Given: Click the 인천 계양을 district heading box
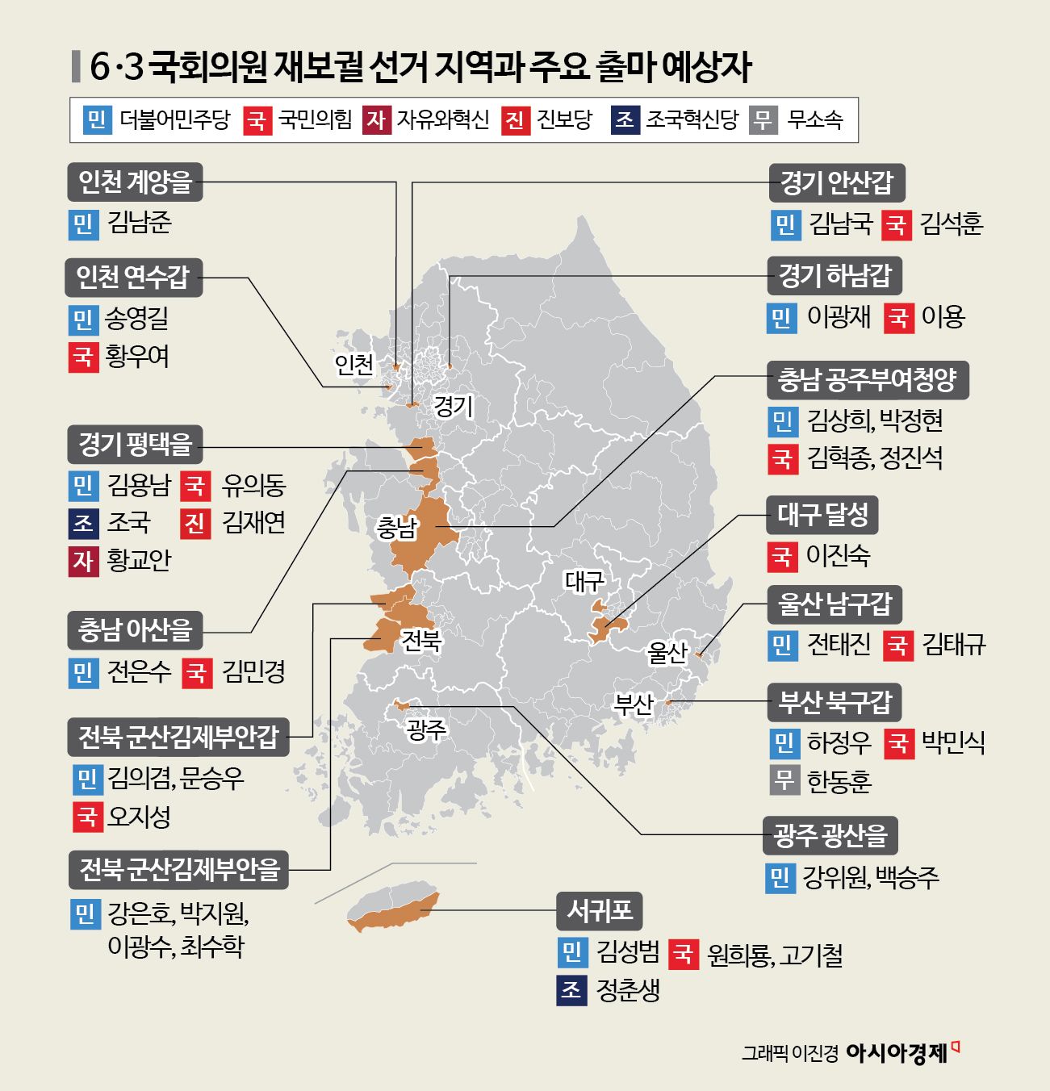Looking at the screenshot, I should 134,182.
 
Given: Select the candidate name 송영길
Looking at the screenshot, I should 137,319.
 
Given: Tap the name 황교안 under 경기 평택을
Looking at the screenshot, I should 139,560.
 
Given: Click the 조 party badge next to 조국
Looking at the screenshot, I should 83,523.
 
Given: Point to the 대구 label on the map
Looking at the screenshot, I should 584,580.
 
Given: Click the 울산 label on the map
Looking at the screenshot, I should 667,651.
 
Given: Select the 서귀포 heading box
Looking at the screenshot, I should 599,911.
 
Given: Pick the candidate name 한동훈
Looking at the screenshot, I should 839,781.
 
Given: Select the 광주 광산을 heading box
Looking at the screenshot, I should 830,835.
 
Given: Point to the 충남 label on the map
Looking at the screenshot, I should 396,529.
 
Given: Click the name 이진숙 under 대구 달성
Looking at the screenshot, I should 838,555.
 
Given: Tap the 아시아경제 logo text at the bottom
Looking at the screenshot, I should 896,1053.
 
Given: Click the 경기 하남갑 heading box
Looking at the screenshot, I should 834,276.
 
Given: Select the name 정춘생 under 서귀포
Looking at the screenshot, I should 628,990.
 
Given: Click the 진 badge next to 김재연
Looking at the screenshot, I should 195,523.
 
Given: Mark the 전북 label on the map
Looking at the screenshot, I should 420,640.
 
